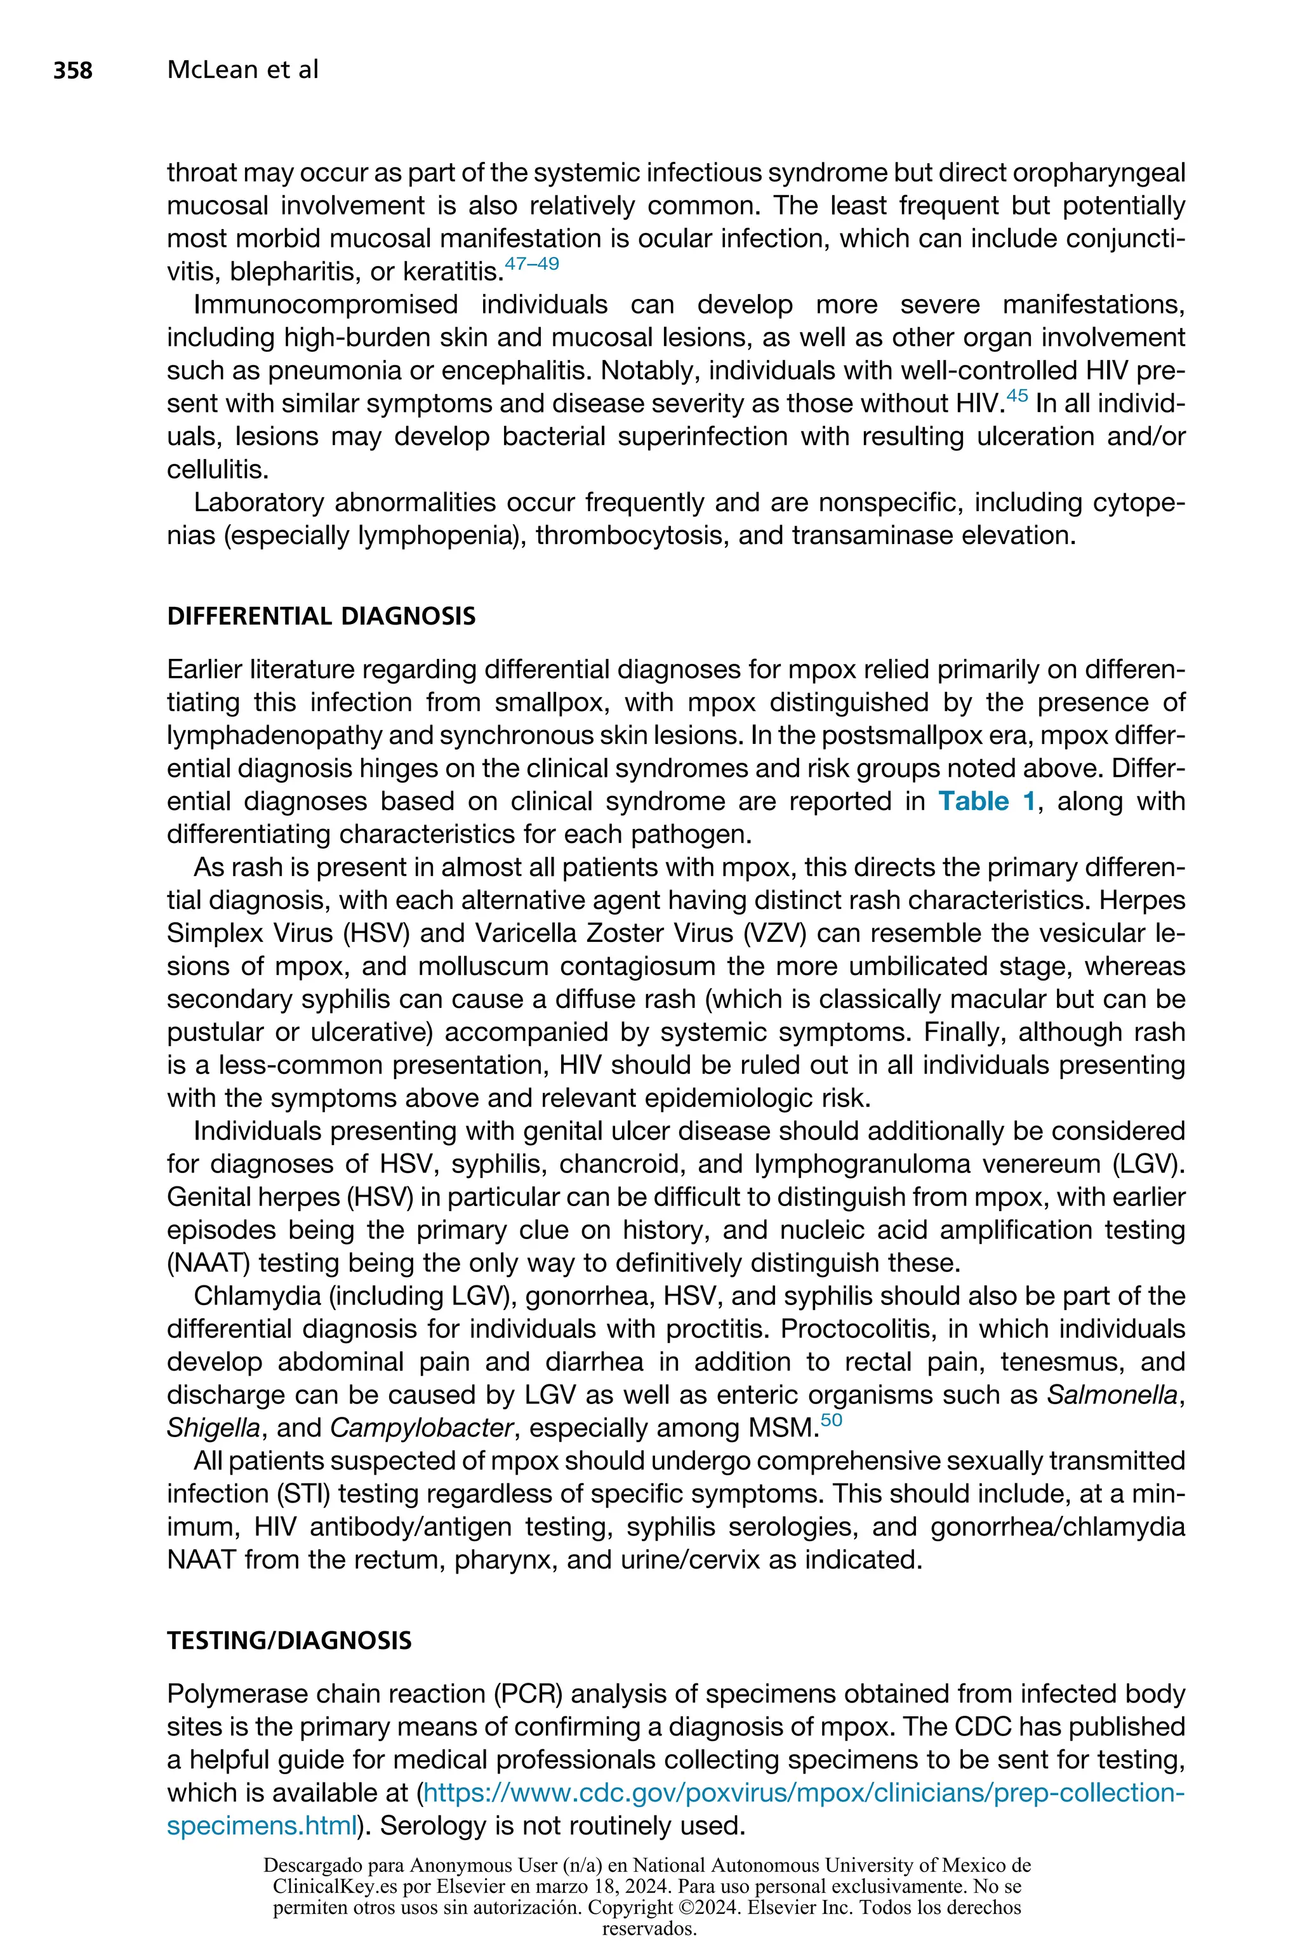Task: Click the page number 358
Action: coord(73,70)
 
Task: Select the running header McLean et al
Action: coord(242,70)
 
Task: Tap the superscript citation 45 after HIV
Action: coord(1016,397)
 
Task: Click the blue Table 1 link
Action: coord(986,802)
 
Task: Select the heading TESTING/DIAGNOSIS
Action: coord(289,1642)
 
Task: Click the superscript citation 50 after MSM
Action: coord(831,1421)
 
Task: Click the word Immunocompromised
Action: coord(325,305)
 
